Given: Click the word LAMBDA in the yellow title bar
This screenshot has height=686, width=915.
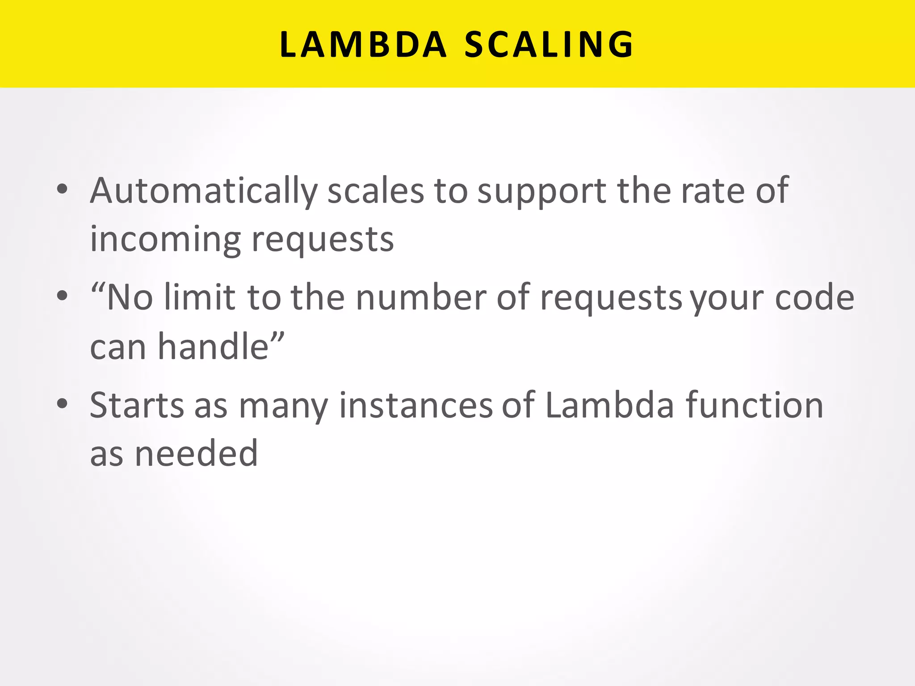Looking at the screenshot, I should [x=363, y=45].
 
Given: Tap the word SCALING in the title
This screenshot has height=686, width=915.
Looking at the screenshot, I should [x=549, y=45].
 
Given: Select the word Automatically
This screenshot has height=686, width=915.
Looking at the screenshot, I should [x=203, y=191].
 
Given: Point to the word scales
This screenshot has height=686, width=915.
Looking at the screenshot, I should [x=375, y=191].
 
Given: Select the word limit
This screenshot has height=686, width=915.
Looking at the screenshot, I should [x=200, y=297].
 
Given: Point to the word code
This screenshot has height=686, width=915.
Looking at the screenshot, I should [x=814, y=297].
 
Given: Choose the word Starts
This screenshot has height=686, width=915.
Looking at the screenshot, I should [x=137, y=406].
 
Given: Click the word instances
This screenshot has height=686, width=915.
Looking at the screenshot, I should [x=416, y=406].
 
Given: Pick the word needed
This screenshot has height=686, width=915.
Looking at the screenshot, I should [x=196, y=454].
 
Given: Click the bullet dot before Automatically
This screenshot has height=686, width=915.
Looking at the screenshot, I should [x=62, y=189].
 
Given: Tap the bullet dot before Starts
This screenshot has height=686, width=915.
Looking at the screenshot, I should [x=62, y=404].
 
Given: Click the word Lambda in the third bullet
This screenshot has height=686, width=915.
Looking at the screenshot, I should [x=609, y=406].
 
